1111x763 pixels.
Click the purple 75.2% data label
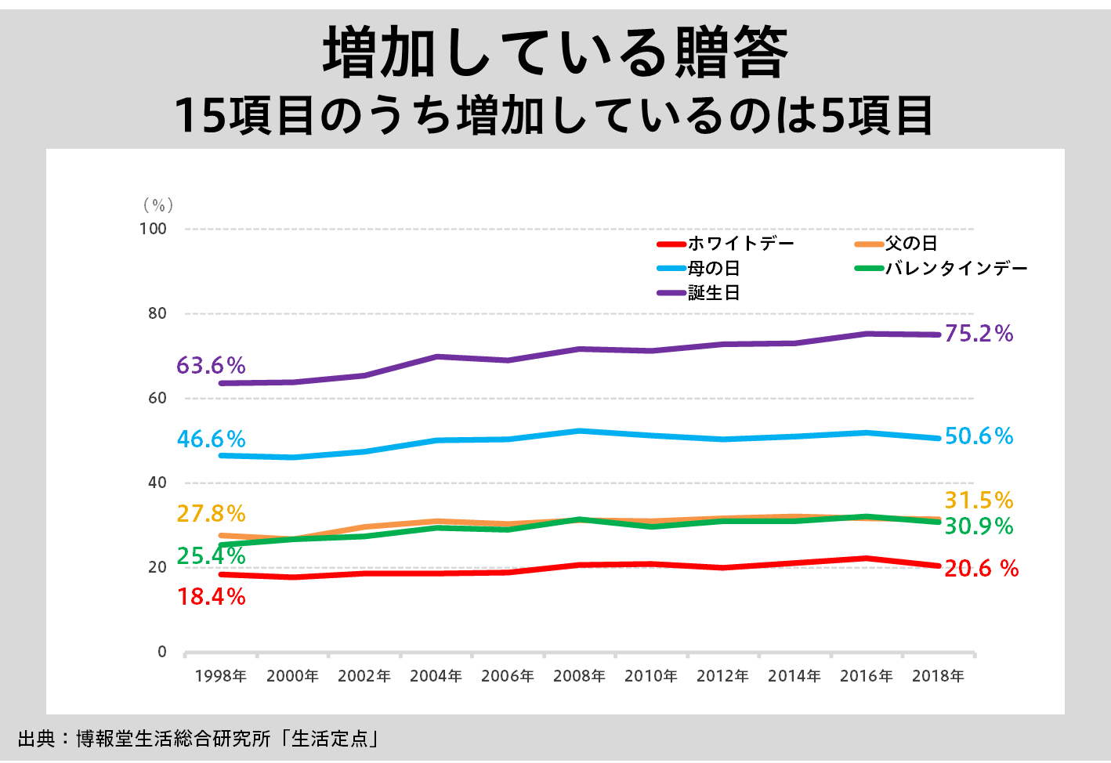[x=979, y=334]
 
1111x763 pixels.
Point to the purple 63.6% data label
[x=211, y=366]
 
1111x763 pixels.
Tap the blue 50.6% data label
[x=979, y=436]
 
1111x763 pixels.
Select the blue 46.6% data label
[x=211, y=439]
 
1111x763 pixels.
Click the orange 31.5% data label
[x=979, y=501]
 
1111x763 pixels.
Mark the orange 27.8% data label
[x=211, y=514]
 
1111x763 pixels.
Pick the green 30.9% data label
[x=979, y=526]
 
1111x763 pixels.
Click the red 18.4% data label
[x=211, y=597]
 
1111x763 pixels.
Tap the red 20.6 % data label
[x=981, y=569]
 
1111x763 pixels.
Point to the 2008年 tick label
[x=579, y=676]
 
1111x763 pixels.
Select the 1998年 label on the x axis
[x=220, y=676]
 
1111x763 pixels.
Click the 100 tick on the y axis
[x=153, y=229]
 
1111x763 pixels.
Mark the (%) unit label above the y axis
[x=158, y=205]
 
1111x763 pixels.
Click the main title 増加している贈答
[x=555, y=52]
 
